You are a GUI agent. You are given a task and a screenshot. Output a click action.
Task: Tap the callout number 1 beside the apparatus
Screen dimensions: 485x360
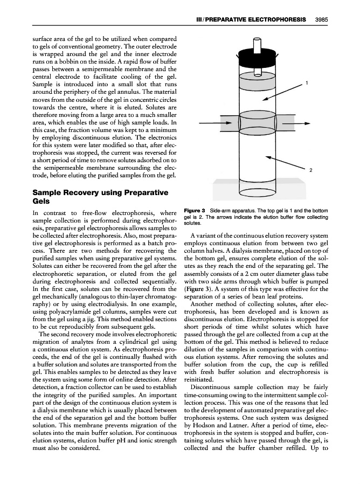(307, 83)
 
